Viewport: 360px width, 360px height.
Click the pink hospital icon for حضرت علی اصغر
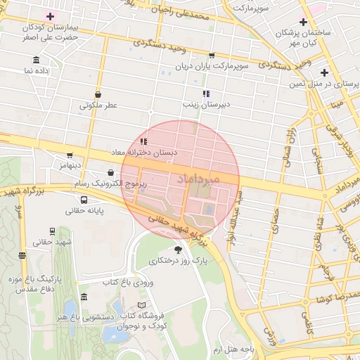(x=50, y=15)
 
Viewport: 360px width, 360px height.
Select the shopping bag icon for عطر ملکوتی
(x=98, y=94)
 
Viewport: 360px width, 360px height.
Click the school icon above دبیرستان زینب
(x=206, y=94)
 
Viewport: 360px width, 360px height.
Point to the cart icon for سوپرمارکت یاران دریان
(x=212, y=55)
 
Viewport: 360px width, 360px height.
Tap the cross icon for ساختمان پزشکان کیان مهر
(x=303, y=22)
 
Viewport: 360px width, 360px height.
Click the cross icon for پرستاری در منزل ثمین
(x=324, y=72)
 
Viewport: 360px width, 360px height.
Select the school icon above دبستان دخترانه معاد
(x=144, y=141)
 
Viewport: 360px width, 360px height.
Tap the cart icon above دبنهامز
(x=69, y=155)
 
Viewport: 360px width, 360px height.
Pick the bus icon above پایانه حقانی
(x=84, y=199)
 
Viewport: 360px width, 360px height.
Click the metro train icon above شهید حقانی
(x=52, y=231)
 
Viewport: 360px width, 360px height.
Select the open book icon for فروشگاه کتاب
(x=143, y=305)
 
